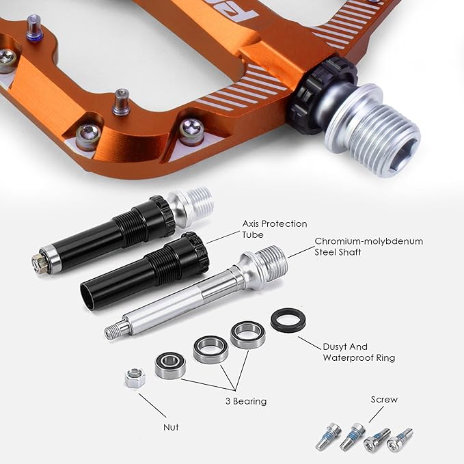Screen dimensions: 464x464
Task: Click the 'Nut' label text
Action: [x=171, y=427]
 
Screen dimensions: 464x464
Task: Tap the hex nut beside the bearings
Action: [x=135, y=378]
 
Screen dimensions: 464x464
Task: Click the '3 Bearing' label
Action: [x=246, y=401]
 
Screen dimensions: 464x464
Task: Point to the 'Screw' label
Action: [x=384, y=400]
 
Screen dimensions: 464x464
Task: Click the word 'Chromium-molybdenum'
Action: [x=369, y=241]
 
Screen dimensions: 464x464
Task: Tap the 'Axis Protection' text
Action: [x=275, y=223]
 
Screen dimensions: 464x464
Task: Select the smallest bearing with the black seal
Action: [x=170, y=366]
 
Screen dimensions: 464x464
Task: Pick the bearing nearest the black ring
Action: [x=247, y=335]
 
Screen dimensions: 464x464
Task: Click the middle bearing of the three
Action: [x=210, y=349]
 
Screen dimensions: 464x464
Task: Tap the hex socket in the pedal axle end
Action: [x=402, y=157]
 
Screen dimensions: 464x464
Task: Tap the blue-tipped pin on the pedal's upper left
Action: [x=35, y=28]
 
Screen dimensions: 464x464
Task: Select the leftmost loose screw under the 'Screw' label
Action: [x=328, y=436]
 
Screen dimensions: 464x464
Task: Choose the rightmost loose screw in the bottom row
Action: [x=400, y=440]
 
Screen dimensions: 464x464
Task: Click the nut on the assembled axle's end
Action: [x=40, y=261]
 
